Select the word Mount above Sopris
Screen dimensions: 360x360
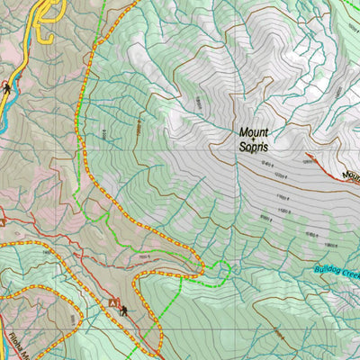click(x=254, y=131)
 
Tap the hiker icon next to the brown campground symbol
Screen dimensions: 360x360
click(x=124, y=312)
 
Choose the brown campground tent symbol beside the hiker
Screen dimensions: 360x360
click(x=114, y=305)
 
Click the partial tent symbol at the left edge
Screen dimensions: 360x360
click(x=3, y=220)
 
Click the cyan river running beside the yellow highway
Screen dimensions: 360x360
click(x=4, y=112)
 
